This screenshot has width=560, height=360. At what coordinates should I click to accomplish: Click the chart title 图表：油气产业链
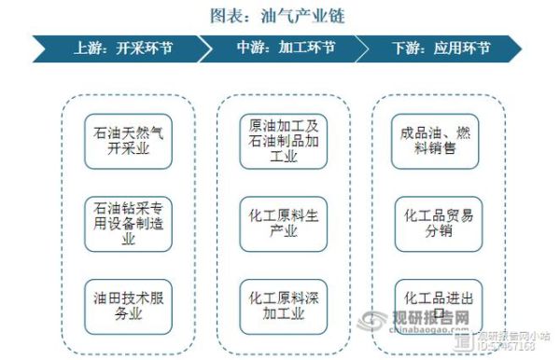(280, 15)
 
